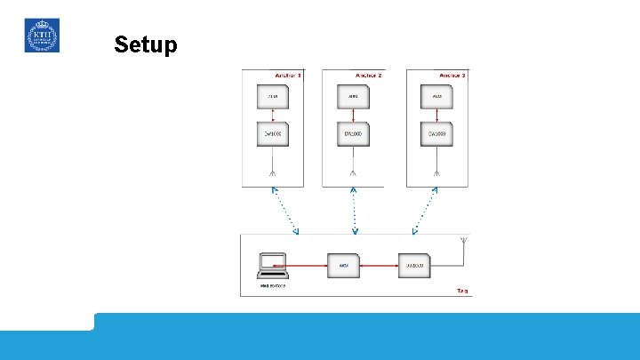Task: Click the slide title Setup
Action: pos(146,44)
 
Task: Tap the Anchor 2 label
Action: pos(368,76)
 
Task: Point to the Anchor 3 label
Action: pos(452,76)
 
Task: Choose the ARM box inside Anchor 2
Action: pos(354,97)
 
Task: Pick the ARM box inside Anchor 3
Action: pos(437,97)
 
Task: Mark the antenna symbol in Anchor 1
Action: pos(273,171)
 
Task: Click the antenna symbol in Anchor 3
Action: pos(436,171)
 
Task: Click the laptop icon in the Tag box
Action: pos(272,265)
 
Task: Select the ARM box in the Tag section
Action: pos(342,265)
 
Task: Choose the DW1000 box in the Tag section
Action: pos(415,265)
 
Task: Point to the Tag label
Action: pos(462,291)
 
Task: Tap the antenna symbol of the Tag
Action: pos(463,242)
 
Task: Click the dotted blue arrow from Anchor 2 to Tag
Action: pos(355,211)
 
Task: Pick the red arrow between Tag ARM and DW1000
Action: pos(379,265)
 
